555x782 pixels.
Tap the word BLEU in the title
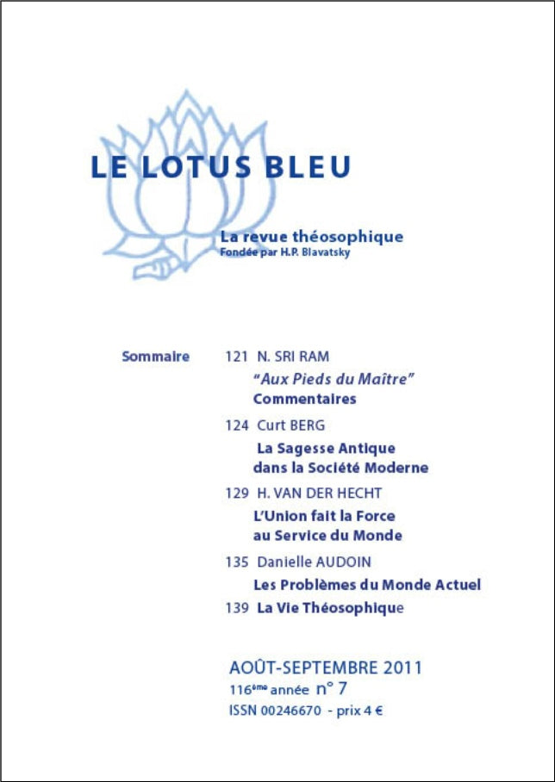tap(308, 165)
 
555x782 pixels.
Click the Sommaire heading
tap(155, 356)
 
